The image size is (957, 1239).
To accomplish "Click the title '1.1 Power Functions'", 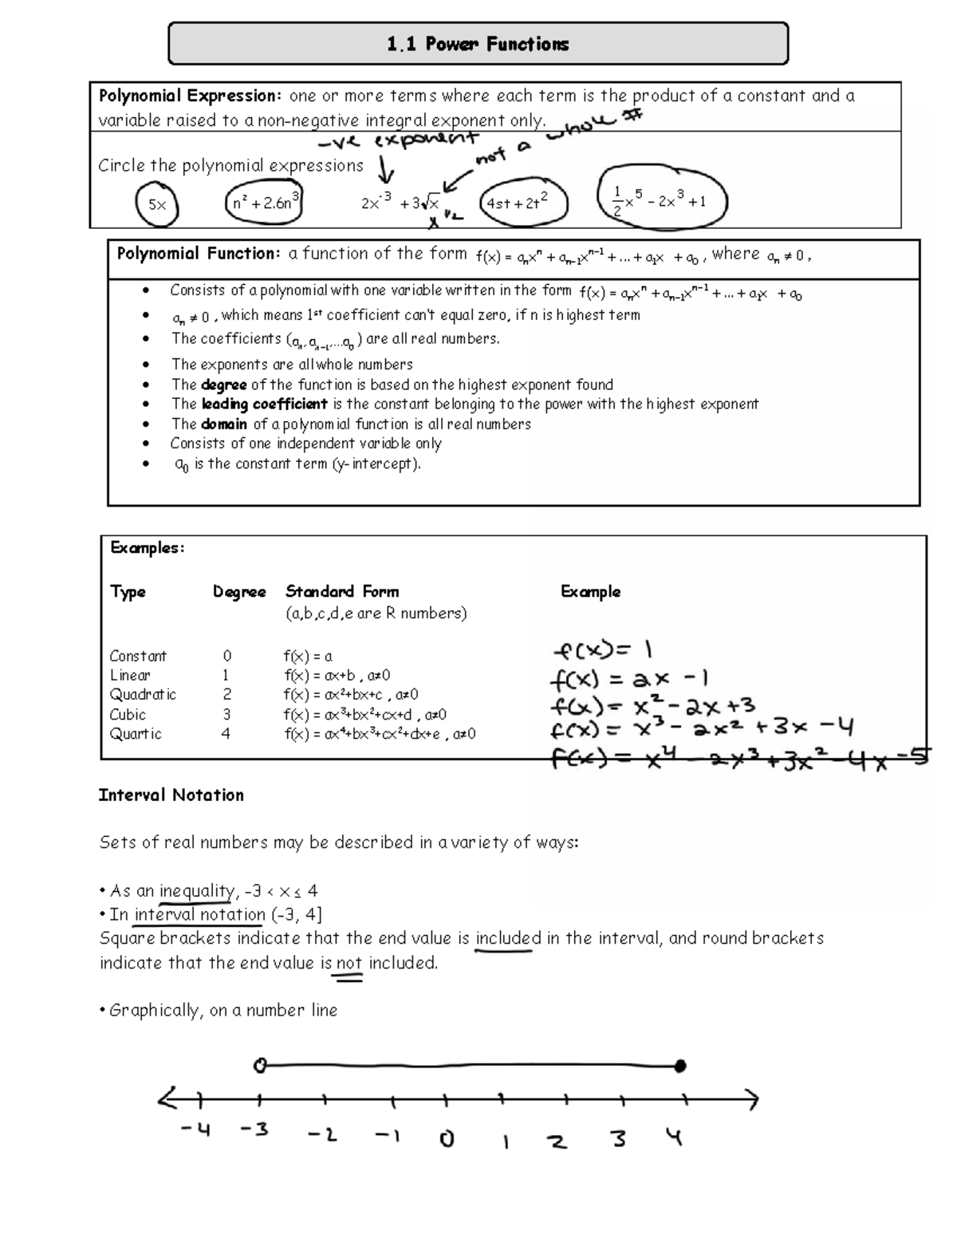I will (x=478, y=44).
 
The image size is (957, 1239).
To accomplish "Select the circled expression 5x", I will (x=157, y=204).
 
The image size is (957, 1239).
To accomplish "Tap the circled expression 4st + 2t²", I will (x=522, y=203).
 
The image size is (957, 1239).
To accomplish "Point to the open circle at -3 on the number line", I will (x=258, y=1065).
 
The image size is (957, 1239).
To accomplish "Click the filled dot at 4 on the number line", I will (x=679, y=1065).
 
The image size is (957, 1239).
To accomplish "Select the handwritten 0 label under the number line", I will (x=447, y=1138).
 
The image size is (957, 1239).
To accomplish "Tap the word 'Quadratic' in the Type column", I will (x=143, y=694).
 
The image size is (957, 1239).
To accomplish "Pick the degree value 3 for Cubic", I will (x=226, y=714).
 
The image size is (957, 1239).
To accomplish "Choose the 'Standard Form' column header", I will (x=342, y=591).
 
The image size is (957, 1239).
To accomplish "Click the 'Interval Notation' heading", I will (x=171, y=795).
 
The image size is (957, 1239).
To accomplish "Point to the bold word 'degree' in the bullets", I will (x=223, y=385).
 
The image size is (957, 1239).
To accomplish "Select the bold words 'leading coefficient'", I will (x=264, y=404).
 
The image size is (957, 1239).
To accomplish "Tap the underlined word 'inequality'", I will (x=197, y=890).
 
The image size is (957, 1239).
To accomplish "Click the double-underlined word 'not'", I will (x=349, y=962).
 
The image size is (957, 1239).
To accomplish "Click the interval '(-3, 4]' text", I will (x=297, y=914).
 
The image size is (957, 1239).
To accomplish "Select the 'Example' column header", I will (x=590, y=591).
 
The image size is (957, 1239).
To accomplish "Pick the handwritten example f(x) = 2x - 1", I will (x=628, y=680).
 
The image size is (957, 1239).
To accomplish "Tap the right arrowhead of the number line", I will (x=751, y=1100).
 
